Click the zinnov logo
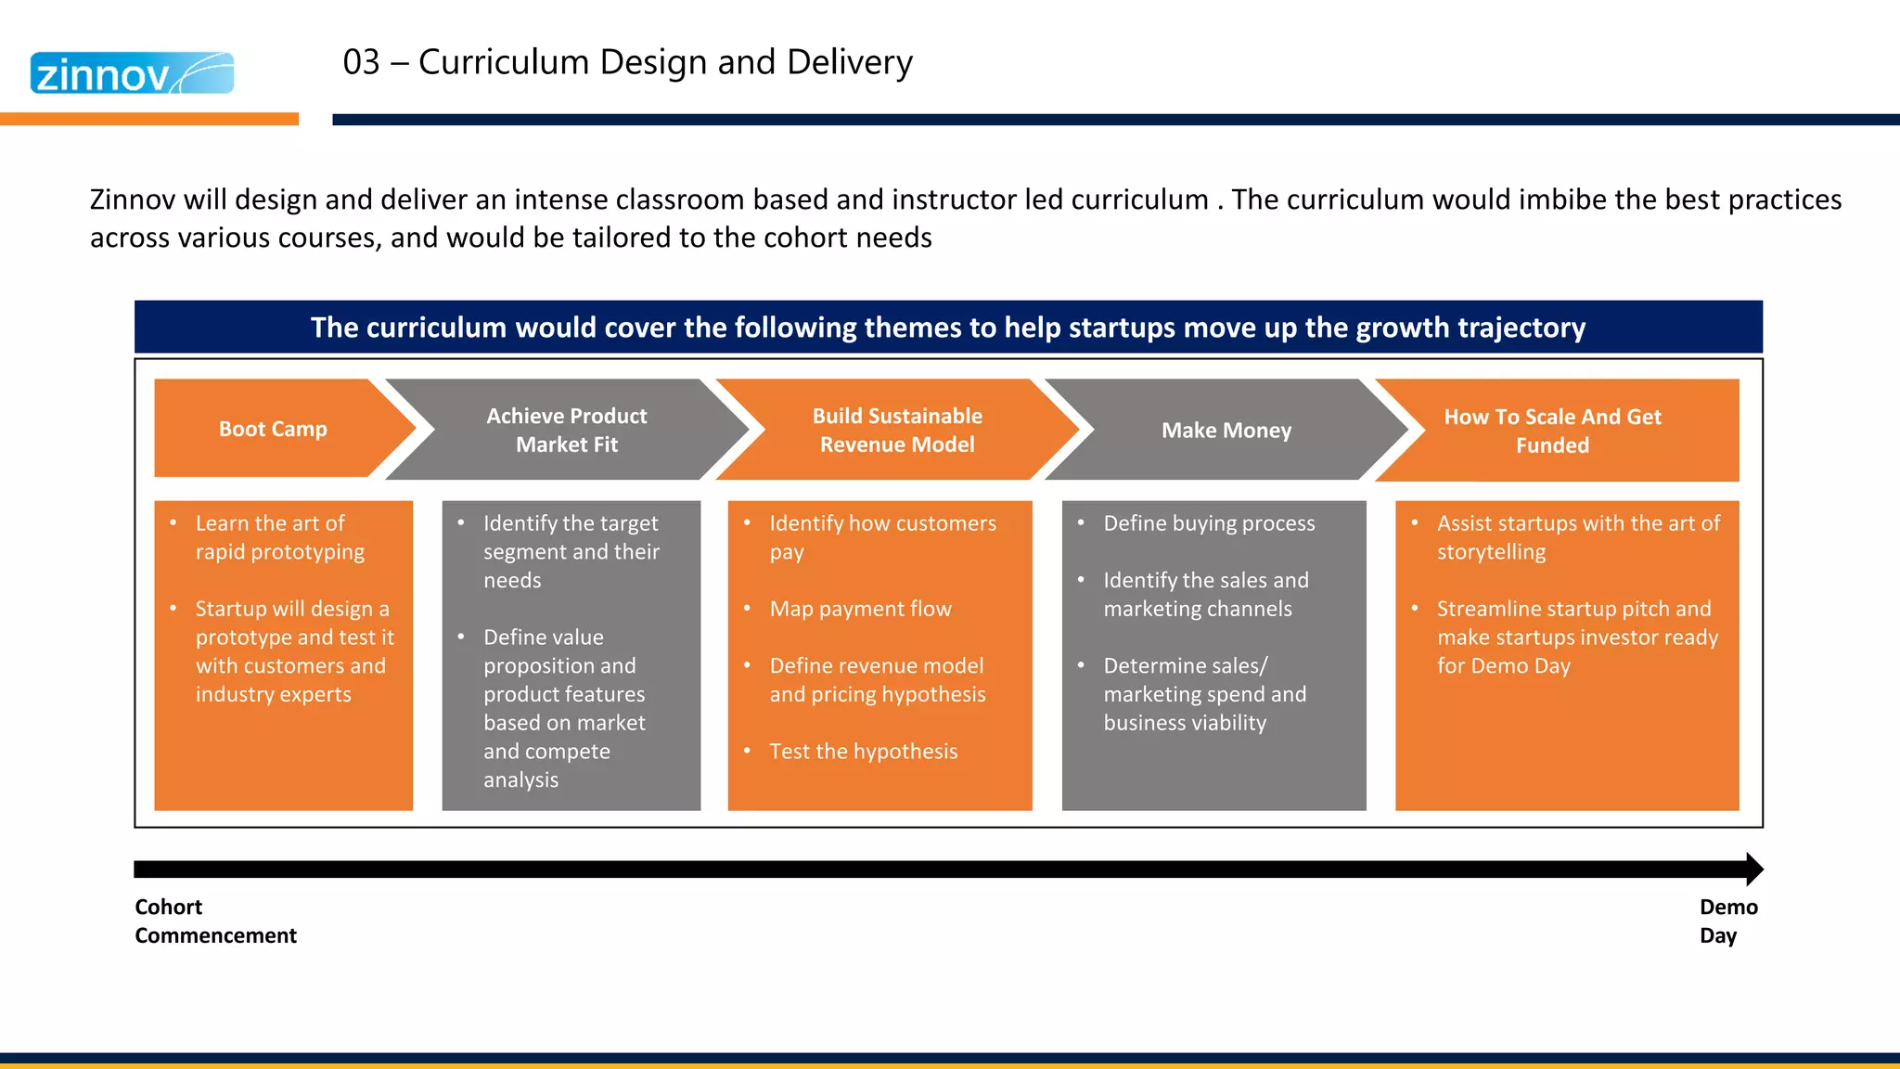132,73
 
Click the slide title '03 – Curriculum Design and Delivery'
627,62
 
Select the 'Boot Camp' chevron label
273,429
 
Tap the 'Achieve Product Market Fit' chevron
566,430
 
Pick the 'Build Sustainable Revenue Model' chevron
896,430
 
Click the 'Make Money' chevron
1226,431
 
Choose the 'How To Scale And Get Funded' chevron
1552,431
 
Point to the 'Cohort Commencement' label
214,921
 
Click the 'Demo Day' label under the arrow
1727,921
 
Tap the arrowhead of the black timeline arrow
1753,869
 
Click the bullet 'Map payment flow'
860,609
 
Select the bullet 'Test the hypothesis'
863,751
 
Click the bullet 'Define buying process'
1208,523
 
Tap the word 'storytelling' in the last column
1491,552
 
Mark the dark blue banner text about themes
947,328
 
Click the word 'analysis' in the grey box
520,779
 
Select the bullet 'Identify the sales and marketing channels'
1204,594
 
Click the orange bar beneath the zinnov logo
148,119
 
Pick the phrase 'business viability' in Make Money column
1185,723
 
